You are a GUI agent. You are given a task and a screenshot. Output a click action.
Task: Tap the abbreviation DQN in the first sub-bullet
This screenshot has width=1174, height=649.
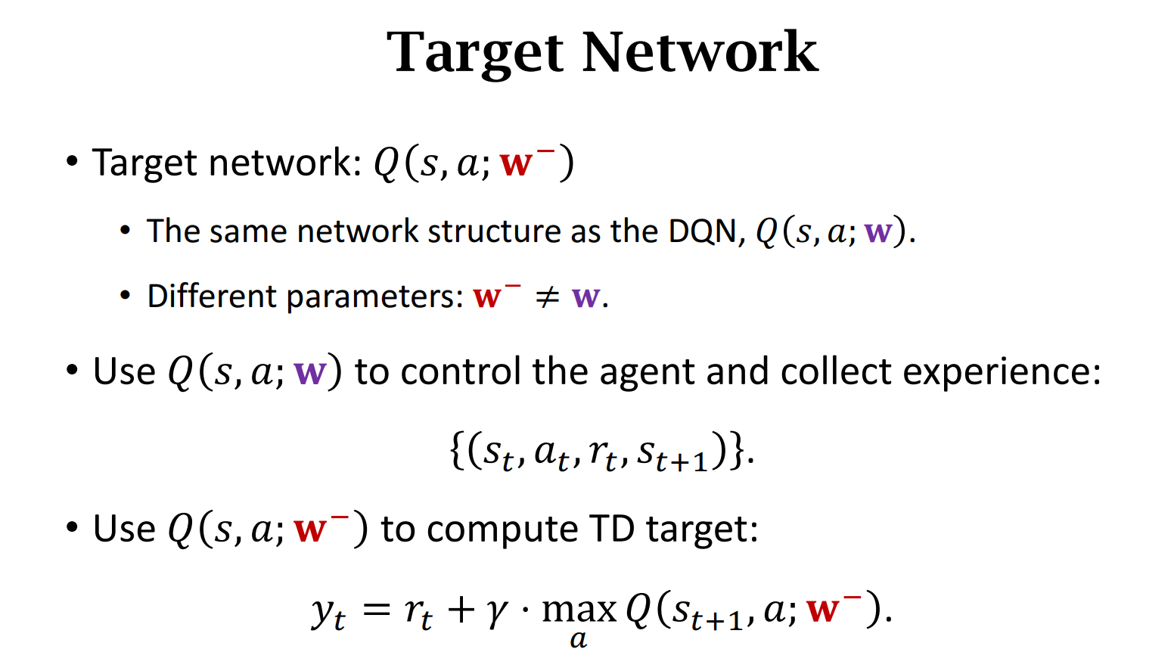[x=701, y=231]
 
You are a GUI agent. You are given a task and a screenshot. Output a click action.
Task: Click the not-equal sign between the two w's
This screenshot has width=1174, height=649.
[x=546, y=297]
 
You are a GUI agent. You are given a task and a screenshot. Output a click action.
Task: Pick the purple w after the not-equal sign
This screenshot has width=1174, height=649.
[x=586, y=297]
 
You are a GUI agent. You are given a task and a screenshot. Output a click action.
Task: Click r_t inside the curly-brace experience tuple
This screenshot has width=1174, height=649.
[x=603, y=453]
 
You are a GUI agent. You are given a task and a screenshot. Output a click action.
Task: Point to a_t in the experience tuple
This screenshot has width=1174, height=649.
[x=551, y=453]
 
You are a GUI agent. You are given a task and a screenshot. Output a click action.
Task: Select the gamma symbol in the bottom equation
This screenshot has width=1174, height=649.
[x=496, y=610]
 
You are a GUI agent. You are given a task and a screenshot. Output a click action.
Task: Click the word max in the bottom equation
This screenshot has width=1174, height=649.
[x=579, y=609]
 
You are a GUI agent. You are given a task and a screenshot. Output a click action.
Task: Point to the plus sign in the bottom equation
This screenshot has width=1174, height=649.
[x=461, y=609]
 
